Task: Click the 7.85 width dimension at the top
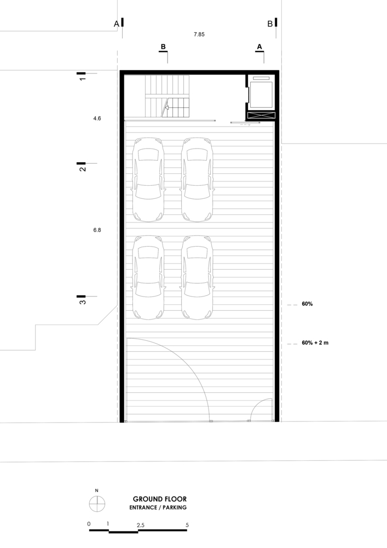click(x=199, y=34)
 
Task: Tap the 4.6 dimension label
click(x=97, y=118)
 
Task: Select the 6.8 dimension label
click(x=97, y=230)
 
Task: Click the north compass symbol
click(x=97, y=503)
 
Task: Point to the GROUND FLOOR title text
click(x=159, y=499)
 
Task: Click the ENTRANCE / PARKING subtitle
click(x=158, y=508)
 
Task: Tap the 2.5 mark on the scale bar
click(x=141, y=524)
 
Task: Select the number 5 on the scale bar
click(x=187, y=524)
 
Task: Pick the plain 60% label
click(x=307, y=304)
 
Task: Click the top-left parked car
click(x=148, y=179)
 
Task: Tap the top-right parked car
click(x=197, y=179)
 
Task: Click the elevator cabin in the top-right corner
click(x=261, y=95)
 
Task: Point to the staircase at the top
click(x=167, y=96)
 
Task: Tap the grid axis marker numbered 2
click(x=82, y=167)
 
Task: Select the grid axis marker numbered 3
click(x=82, y=299)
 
